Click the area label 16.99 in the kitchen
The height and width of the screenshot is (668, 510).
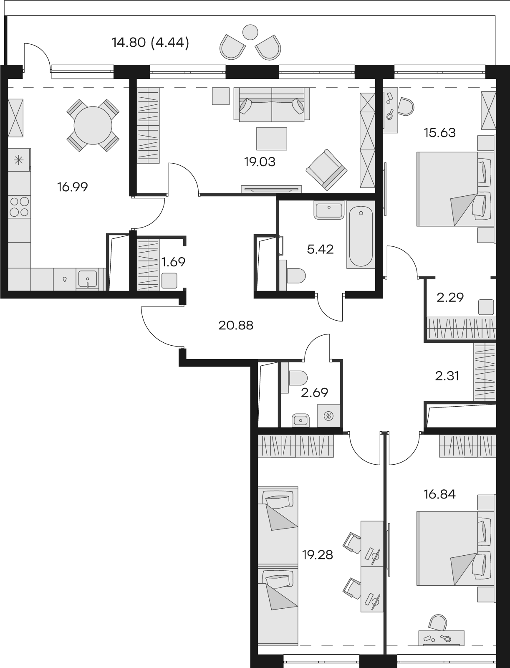(72, 187)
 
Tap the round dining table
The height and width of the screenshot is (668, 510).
(93, 125)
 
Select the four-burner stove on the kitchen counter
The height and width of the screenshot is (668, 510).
(20, 207)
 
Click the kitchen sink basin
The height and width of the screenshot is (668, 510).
(88, 279)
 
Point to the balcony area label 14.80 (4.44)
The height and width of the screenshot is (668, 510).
(151, 42)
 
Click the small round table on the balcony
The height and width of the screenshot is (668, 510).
(250, 32)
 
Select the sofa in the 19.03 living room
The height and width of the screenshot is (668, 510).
(272, 104)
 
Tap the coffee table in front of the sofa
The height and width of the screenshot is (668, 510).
(272, 139)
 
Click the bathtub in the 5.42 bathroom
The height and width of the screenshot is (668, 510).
(361, 234)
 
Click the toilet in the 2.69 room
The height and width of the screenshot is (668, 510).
(295, 377)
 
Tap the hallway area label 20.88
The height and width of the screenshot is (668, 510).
(236, 326)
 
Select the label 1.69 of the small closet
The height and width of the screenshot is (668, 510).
(173, 262)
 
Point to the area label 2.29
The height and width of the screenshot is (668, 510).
(450, 297)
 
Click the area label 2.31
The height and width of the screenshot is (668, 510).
(447, 376)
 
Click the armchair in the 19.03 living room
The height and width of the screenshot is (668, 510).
(327, 170)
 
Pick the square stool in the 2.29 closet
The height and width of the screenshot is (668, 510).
(486, 307)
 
